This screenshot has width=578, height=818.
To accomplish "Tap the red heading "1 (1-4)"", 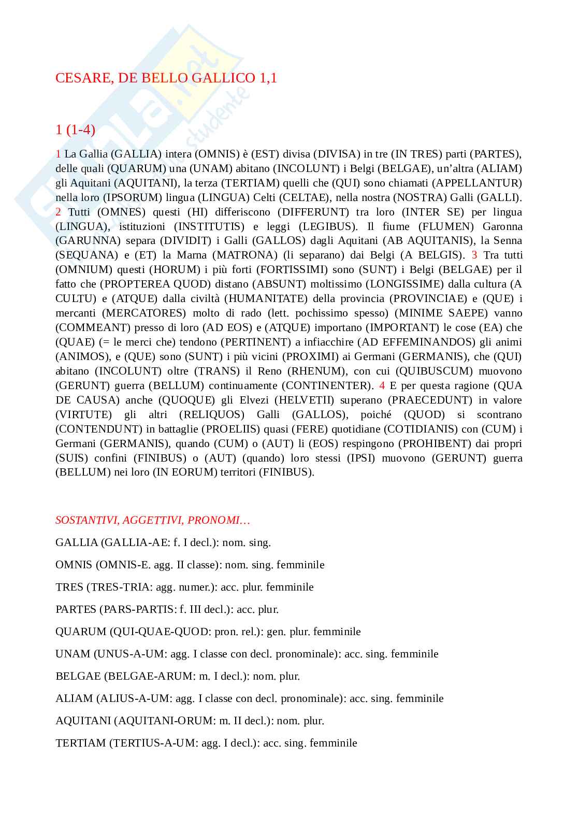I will click(x=75, y=130).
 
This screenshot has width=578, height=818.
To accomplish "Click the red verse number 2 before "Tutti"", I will click(x=59, y=212).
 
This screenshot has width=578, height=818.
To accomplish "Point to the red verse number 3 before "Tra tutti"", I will click(x=474, y=255).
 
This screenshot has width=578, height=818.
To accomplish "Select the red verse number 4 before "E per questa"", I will click(x=382, y=386).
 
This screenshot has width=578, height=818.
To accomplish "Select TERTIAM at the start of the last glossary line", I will click(x=80, y=743).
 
